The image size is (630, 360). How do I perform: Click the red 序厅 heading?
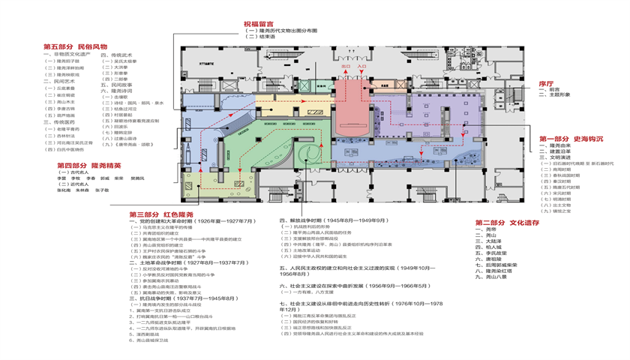point(545,84)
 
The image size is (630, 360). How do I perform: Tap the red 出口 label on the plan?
point(346,66)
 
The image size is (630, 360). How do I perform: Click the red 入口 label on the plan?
point(361,66)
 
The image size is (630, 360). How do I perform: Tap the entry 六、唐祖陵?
point(492,259)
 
